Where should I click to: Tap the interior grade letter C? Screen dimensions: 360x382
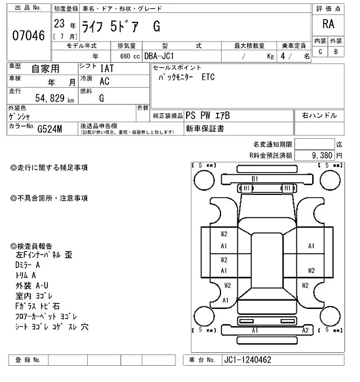(320, 52)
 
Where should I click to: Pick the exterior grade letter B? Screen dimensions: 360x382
(336, 52)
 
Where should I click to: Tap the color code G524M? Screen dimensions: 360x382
(50, 130)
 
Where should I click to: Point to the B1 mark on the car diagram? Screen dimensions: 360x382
(255, 179)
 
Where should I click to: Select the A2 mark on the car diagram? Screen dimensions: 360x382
(305, 330)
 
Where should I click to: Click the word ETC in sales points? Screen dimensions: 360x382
(209, 79)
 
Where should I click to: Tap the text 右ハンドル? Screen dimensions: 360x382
(319, 116)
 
